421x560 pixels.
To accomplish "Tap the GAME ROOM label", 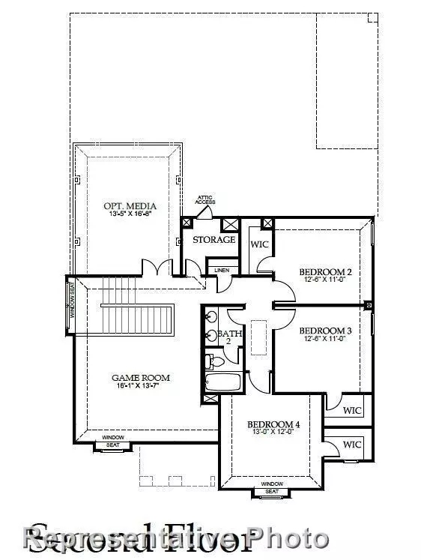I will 141,378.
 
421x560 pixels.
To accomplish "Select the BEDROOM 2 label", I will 325,271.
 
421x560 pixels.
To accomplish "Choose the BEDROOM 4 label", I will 273,424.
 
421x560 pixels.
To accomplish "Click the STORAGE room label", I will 214,240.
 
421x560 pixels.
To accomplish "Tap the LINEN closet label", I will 222,270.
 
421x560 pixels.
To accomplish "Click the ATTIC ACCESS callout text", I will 205,200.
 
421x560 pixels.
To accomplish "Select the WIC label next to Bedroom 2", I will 259,244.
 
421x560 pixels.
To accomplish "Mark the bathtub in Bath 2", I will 224,382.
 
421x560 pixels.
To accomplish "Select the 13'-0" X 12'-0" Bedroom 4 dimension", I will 273,433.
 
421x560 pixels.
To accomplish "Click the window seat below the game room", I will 113,445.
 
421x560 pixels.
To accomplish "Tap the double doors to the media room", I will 158,268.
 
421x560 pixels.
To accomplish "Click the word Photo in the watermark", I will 288,538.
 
